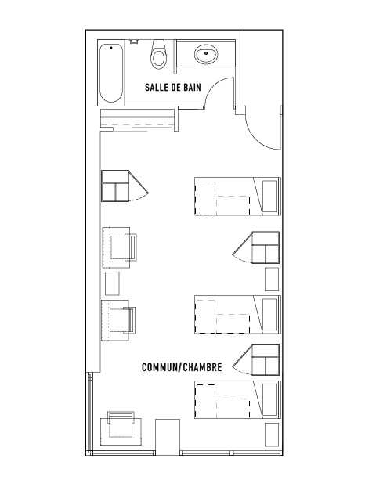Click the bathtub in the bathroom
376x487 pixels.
point(111,74)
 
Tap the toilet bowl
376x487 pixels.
point(158,55)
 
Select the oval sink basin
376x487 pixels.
point(206,54)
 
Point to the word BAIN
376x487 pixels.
point(192,87)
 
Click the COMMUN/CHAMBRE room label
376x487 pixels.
point(182,367)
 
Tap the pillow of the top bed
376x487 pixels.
point(269,197)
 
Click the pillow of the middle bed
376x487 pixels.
point(269,314)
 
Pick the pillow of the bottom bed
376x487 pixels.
point(269,400)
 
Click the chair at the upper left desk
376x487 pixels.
point(124,247)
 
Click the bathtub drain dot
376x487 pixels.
point(111,48)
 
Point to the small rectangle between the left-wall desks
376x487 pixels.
point(112,283)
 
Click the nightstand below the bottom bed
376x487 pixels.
point(272,435)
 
